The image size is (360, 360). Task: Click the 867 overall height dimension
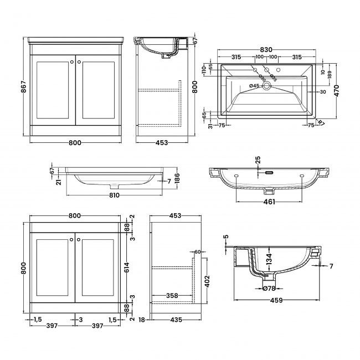click(x=19, y=88)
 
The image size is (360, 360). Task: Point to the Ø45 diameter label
click(x=254, y=86)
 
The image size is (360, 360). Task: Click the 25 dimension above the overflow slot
click(x=258, y=161)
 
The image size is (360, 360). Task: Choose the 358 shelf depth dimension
click(x=172, y=296)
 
